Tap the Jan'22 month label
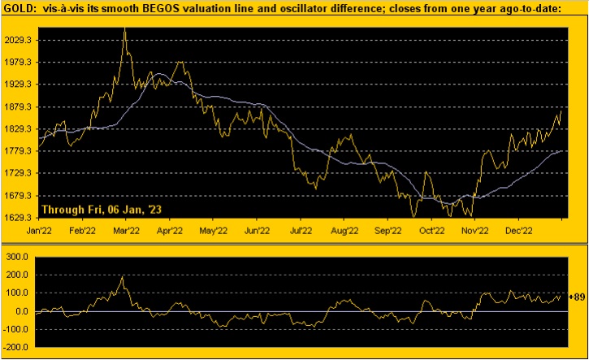(41, 231)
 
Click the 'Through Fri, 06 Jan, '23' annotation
(102, 209)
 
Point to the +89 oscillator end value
(577, 296)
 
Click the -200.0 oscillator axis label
(19, 347)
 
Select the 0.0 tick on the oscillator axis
(23, 310)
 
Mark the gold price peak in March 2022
(124, 29)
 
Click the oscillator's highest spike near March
(122, 277)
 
